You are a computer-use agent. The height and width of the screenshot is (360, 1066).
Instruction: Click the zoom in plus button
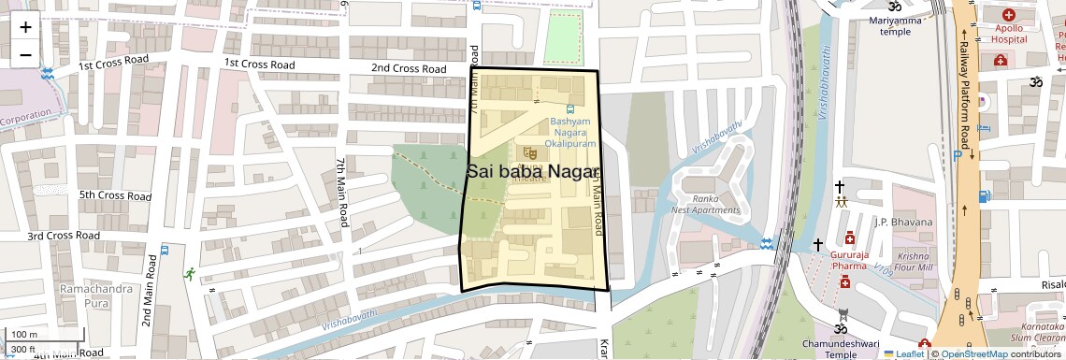(25, 27)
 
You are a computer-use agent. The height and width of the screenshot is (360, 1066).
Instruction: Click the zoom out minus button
(25, 55)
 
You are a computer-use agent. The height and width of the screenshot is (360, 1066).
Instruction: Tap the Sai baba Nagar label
(532, 171)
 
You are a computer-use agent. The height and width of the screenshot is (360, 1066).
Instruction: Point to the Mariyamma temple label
(895, 26)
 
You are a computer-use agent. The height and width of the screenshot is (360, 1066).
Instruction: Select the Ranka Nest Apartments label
(706, 204)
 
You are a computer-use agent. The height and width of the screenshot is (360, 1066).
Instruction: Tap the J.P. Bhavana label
(903, 222)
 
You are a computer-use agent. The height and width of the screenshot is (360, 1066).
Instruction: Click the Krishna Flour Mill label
(914, 262)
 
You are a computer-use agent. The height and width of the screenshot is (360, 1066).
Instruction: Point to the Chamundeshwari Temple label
(841, 349)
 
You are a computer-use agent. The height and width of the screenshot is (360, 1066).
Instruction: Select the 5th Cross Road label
(115, 196)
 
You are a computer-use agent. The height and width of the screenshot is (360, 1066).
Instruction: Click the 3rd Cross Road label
(63, 237)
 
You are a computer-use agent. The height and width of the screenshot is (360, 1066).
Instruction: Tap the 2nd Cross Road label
(409, 69)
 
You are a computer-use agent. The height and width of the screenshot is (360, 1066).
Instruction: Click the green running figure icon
(191, 274)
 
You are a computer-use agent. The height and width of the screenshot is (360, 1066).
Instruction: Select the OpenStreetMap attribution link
(973, 353)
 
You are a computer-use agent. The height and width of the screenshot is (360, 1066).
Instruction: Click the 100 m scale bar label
(24, 335)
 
